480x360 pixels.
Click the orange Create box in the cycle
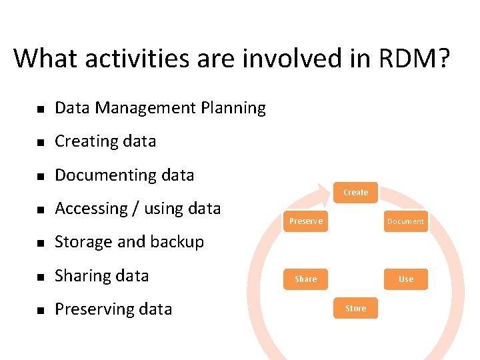355,193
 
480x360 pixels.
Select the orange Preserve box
306,221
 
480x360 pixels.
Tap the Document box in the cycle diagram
405,221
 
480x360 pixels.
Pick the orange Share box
306,279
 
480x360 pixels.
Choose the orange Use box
405,279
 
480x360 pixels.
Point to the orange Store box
355,308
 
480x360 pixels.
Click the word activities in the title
137,59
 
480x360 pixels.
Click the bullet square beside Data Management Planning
40,109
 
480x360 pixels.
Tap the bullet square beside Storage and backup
40,243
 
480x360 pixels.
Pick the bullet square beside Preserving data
40,310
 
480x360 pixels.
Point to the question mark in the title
442,59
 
